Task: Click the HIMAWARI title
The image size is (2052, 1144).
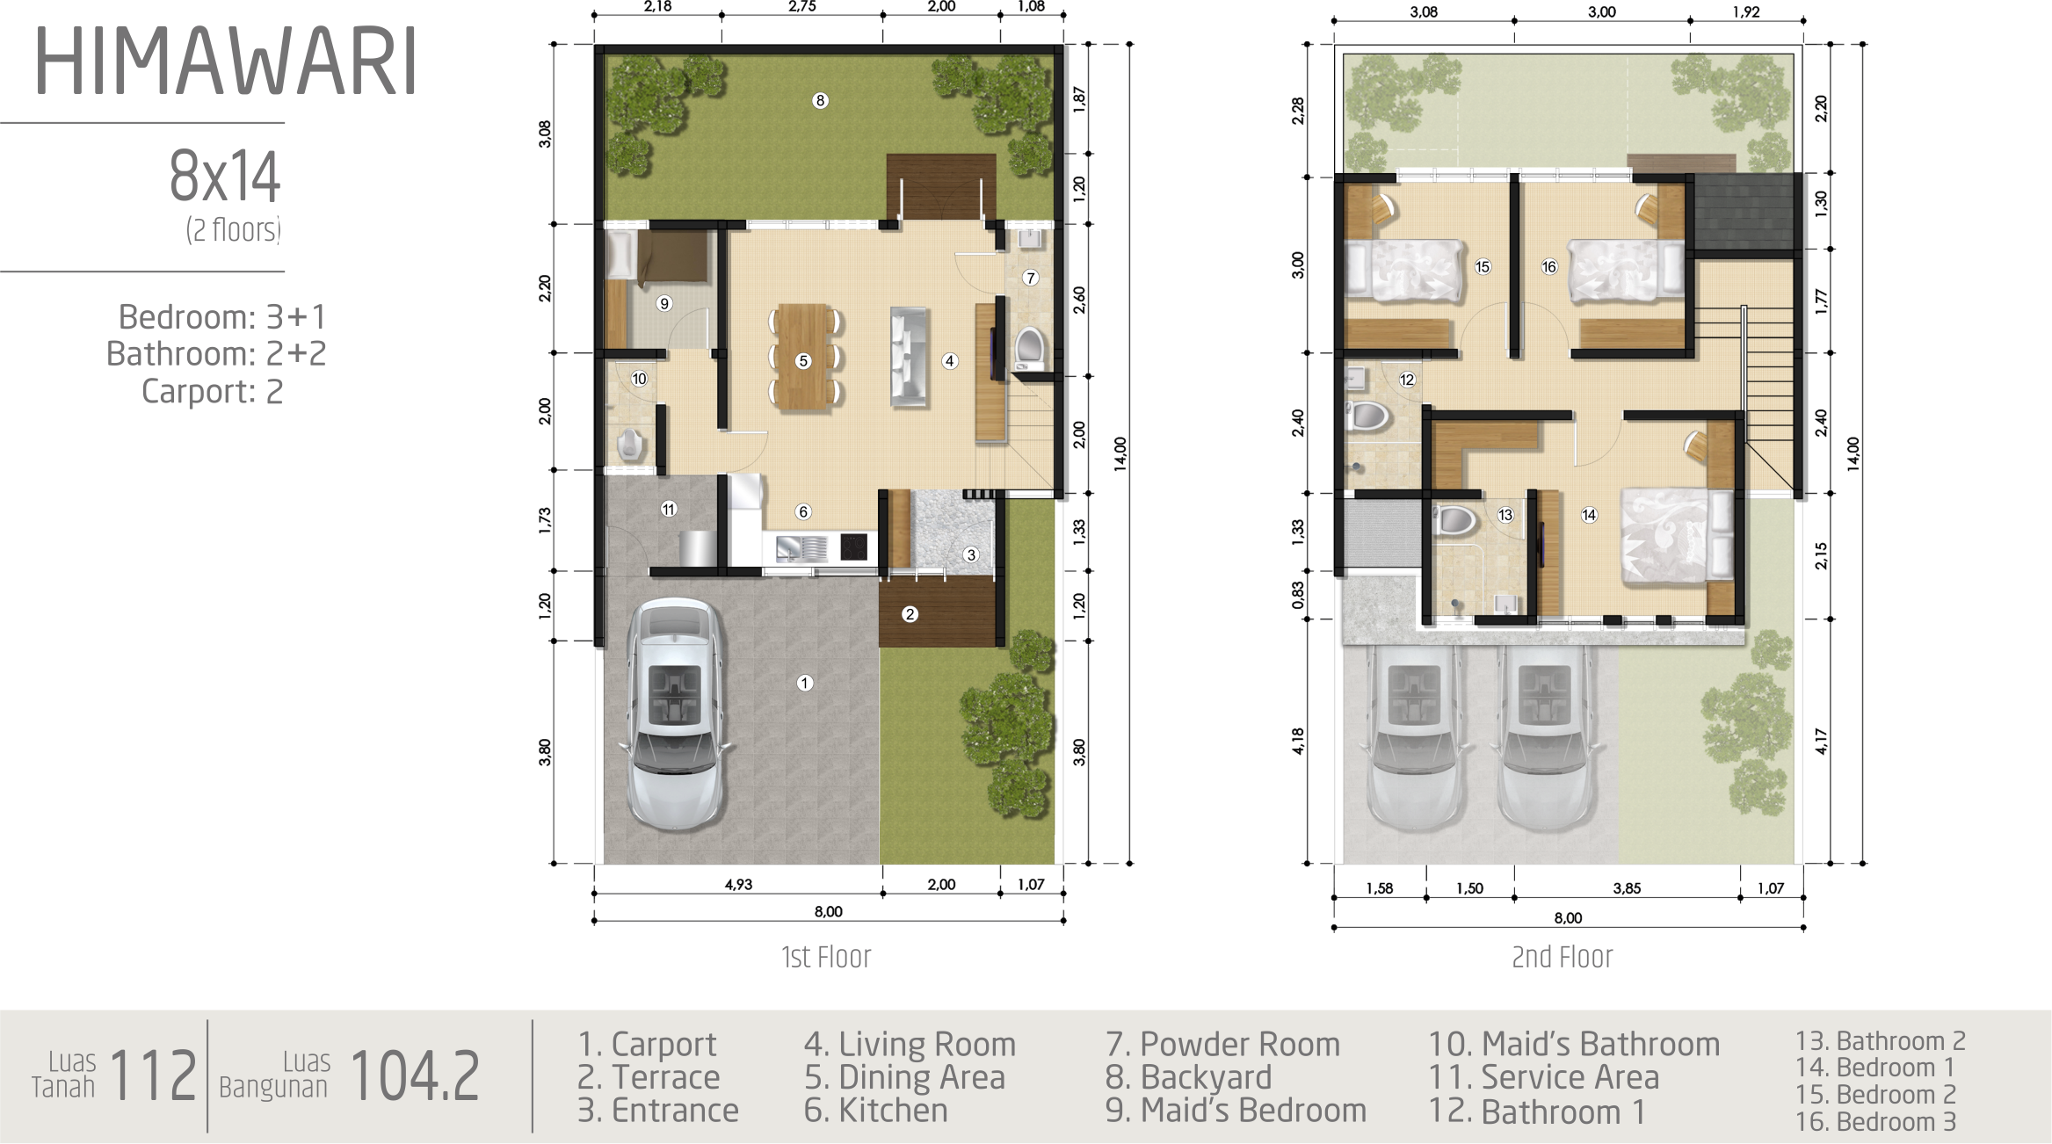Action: pos(225,62)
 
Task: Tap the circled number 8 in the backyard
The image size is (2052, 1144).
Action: pos(820,100)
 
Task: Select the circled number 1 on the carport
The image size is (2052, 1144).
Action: pos(805,683)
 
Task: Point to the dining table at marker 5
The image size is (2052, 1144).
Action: pos(803,357)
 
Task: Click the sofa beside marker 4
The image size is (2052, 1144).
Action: pos(910,356)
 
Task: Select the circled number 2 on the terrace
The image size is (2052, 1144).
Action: pos(910,614)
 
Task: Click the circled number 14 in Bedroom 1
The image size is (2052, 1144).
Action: pos(1589,515)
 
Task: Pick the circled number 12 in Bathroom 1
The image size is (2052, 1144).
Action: pos(1407,380)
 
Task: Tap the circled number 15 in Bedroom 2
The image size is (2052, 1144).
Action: pos(1483,266)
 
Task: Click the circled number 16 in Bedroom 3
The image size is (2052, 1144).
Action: pos(1548,266)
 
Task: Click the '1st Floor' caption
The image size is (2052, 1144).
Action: pos(826,957)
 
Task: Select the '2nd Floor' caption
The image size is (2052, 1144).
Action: pos(1563,957)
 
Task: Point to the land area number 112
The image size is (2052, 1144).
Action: pos(153,1075)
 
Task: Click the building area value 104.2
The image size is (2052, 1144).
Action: pos(415,1075)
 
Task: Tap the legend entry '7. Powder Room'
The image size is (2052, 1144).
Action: pos(1222,1044)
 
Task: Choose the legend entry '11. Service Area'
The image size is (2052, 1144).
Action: pos(1544,1077)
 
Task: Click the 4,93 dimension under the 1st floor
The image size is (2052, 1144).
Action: pos(738,885)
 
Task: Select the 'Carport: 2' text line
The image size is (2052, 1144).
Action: pos(213,391)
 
